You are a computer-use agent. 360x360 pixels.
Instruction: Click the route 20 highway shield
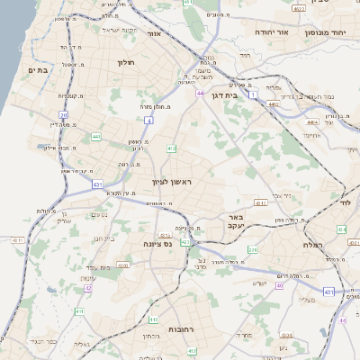click(x=64, y=115)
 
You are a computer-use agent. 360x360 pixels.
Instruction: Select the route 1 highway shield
click(x=255, y=94)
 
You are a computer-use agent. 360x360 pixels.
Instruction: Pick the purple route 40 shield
click(x=280, y=285)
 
